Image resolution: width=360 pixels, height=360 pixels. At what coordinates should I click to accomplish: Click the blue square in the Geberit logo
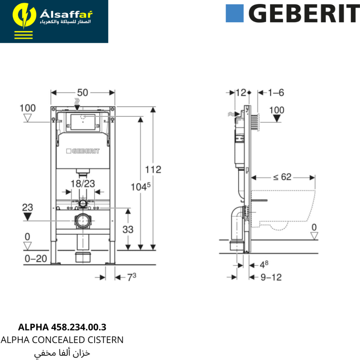(234, 13)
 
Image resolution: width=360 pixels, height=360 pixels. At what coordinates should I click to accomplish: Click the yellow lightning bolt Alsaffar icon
(24, 16)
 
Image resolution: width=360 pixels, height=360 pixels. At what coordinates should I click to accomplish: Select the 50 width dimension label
(83, 93)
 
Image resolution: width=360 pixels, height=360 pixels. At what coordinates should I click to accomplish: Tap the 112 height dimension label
(153, 170)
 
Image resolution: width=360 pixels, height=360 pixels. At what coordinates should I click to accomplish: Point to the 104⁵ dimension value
(140, 186)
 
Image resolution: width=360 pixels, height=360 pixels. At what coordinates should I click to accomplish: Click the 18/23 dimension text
(83, 184)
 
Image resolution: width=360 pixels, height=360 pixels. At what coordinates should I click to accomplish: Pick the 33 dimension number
(128, 229)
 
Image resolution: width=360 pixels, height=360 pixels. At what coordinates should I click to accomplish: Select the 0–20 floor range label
(36, 259)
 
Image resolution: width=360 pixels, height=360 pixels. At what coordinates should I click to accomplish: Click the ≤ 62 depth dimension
(282, 177)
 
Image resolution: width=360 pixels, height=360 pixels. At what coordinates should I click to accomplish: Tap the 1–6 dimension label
(276, 93)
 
